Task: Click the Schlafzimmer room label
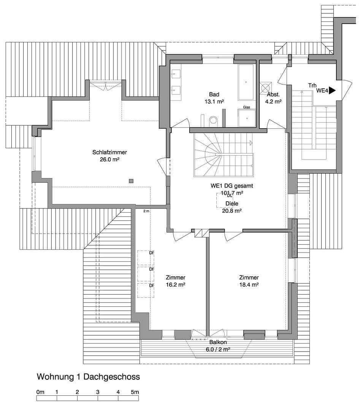tap(109, 152)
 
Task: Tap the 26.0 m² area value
tap(109, 160)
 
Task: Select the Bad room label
tap(214, 94)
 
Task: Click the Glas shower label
tap(247, 107)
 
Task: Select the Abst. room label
tap(273, 94)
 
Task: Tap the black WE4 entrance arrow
tap(332, 91)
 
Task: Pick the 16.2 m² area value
tap(176, 285)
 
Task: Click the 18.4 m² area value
tap(249, 285)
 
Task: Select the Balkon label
tap(218, 342)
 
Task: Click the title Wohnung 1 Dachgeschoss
tap(88, 377)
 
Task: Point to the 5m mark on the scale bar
tap(135, 392)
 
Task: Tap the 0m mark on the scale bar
tap(40, 392)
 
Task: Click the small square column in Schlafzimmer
tap(131, 181)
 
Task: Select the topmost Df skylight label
tap(151, 253)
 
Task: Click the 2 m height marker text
tap(146, 211)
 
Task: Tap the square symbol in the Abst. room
tap(265, 88)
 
